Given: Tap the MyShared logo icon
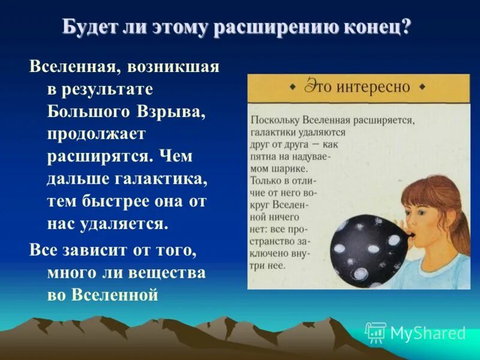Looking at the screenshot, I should coord(376,332).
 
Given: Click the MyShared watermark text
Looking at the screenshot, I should coord(428,333).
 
